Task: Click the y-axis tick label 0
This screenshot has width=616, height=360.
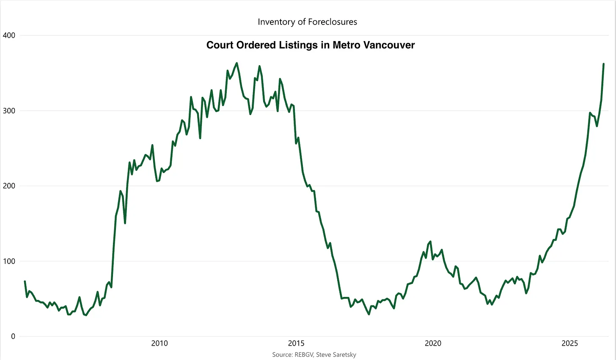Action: tap(13, 337)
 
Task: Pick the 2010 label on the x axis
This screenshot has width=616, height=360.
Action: tap(159, 343)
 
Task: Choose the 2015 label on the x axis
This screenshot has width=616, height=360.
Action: tap(296, 343)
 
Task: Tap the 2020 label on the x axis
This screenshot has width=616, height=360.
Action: tap(433, 343)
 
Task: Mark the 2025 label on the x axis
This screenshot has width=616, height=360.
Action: tap(569, 343)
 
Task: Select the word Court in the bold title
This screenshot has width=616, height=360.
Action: tap(220, 45)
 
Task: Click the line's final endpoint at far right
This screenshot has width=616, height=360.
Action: tap(603, 64)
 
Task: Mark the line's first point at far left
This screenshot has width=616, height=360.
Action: tap(25, 281)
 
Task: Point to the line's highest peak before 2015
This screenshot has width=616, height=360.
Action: tap(236, 63)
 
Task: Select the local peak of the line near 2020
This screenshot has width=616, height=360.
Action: tap(430, 242)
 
